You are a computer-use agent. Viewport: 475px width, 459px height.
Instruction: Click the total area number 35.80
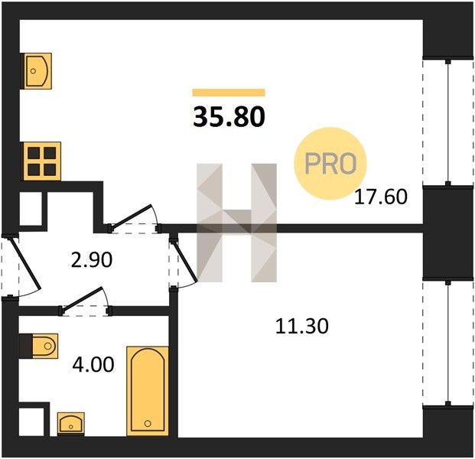point(229,117)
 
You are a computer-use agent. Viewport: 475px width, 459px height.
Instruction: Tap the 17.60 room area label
point(381,197)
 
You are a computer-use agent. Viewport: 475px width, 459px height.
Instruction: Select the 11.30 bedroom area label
point(301,326)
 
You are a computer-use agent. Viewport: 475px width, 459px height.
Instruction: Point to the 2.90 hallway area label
point(92,260)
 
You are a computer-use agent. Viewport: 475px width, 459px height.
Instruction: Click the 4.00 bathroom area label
point(93,364)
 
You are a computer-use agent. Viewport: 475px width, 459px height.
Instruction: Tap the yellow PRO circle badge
point(330,164)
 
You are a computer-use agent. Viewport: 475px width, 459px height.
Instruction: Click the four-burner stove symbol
point(42,161)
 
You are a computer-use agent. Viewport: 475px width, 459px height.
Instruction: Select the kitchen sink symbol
point(37,71)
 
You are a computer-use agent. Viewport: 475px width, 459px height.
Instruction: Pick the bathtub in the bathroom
point(148,392)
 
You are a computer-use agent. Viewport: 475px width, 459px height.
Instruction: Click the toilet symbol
point(45,346)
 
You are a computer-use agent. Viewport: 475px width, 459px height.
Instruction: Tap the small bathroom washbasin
point(71,424)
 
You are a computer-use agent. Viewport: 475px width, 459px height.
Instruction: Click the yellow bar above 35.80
point(229,93)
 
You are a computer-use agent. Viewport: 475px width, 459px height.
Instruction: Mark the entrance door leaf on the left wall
point(25,263)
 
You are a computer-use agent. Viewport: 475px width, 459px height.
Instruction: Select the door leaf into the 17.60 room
point(131,216)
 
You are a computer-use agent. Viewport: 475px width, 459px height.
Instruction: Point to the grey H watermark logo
point(236,223)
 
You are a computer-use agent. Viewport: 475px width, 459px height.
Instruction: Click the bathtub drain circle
point(148,424)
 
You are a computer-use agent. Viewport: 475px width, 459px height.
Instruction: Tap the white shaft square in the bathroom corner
point(31,422)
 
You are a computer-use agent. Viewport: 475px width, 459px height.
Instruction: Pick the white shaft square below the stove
point(31,208)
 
